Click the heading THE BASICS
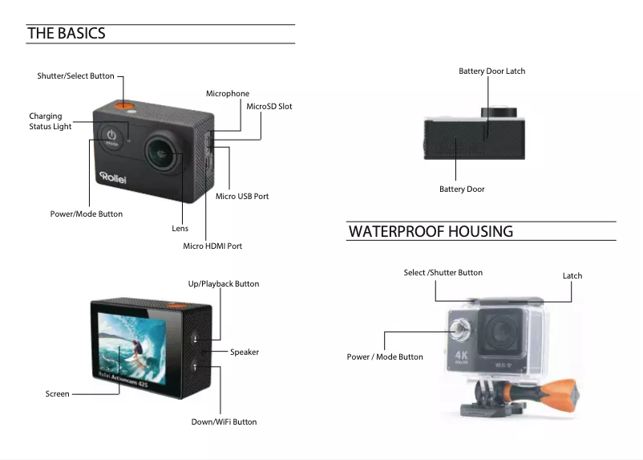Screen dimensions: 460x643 point(66,33)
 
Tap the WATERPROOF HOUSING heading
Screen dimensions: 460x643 point(431,231)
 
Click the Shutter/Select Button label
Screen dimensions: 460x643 point(75,76)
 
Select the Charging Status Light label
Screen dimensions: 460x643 point(51,121)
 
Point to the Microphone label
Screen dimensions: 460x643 point(228,94)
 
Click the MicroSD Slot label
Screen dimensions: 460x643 point(269,106)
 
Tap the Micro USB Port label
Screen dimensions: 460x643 point(242,196)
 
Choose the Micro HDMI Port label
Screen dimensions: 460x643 point(212,246)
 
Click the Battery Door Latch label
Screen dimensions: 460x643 point(491,71)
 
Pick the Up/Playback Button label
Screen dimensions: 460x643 point(224,283)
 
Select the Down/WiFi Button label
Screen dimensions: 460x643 point(224,421)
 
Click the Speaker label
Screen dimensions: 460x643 point(245,352)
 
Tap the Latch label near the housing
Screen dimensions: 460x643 point(572,275)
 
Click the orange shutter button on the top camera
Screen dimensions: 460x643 point(122,105)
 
